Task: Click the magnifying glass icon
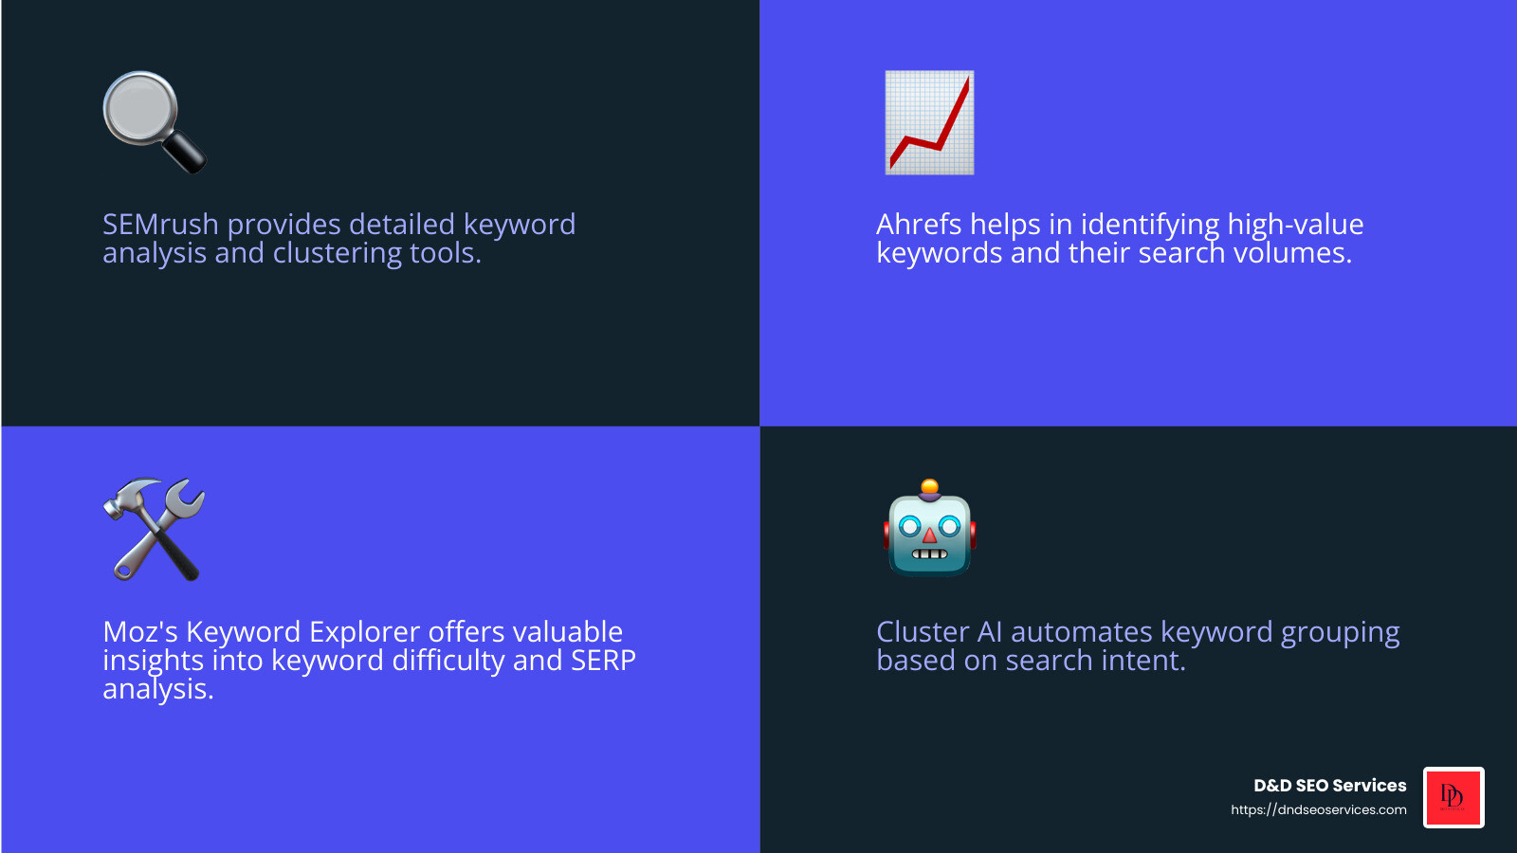click(x=152, y=120)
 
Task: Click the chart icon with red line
click(x=929, y=122)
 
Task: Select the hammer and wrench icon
click(x=154, y=529)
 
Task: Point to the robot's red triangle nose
click(x=930, y=536)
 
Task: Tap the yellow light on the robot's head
click(x=930, y=487)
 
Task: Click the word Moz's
click(x=139, y=632)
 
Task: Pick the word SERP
click(x=603, y=661)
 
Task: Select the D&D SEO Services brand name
click(x=1329, y=786)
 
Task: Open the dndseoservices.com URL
click(x=1318, y=809)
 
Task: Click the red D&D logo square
click(x=1453, y=797)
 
